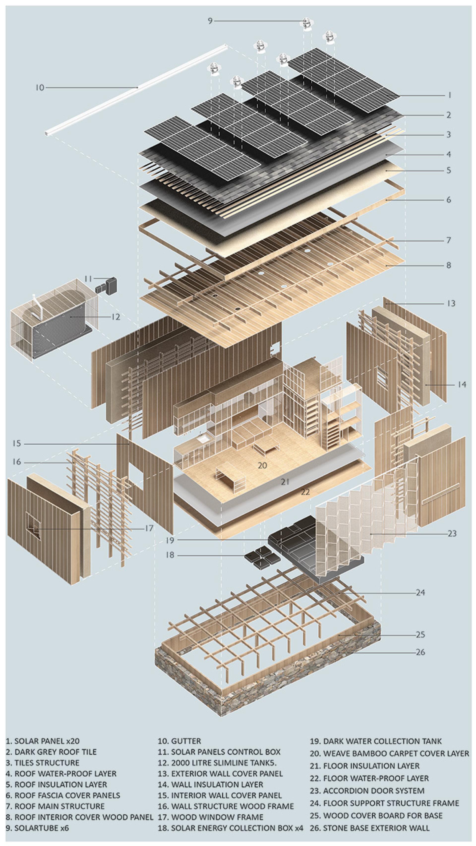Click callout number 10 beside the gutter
(x=40, y=88)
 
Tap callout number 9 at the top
(x=210, y=21)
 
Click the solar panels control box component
(x=107, y=285)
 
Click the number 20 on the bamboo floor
(x=263, y=465)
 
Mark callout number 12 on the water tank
(x=116, y=317)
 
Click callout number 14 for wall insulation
(x=462, y=384)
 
